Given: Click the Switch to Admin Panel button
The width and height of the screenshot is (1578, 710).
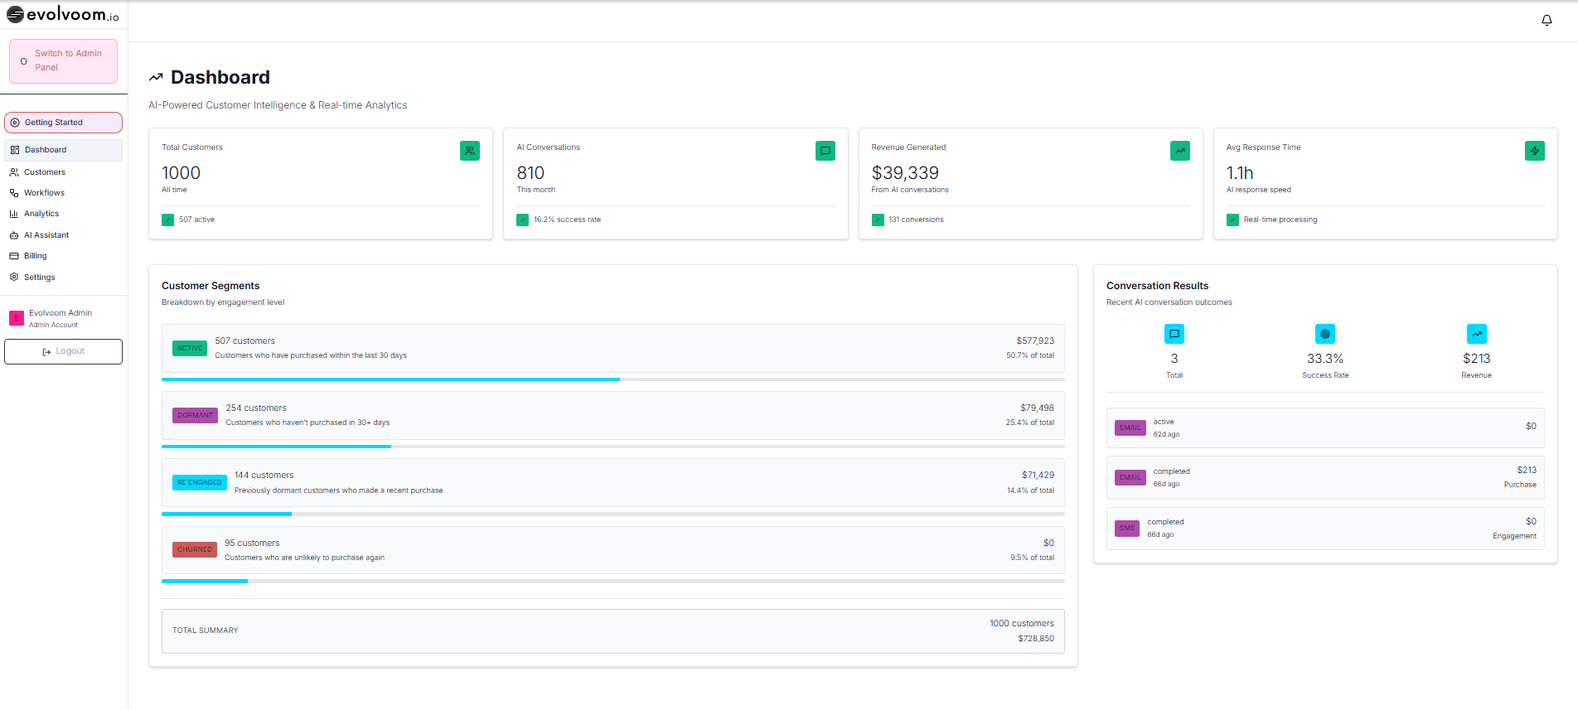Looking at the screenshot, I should tap(63, 60).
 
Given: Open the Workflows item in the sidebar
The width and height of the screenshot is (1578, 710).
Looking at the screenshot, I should tap(44, 193).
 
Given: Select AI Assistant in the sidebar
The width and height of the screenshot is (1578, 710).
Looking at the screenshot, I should tap(46, 235).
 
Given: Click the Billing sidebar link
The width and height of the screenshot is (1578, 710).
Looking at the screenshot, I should tap(35, 256).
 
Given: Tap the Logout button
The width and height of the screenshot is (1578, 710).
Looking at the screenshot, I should tap(63, 351).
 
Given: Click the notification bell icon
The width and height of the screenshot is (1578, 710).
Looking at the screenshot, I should tap(1547, 20).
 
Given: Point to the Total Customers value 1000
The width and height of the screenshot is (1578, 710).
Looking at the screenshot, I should tap(181, 173).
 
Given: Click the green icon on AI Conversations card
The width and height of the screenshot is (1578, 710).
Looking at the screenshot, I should tap(825, 151).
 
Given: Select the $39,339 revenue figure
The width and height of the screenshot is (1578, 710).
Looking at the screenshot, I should tap(905, 173).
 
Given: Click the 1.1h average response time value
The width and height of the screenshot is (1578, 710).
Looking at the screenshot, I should tap(1240, 173).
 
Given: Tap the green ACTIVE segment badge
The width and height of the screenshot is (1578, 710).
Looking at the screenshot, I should tap(190, 348).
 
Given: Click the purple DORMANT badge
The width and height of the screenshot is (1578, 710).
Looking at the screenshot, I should tap(195, 415).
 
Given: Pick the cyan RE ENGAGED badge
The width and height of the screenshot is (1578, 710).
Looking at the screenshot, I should tap(199, 482).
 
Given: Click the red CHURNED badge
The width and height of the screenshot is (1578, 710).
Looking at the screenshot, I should tap(195, 549).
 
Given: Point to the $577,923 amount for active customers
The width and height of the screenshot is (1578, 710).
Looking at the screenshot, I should tap(1035, 341).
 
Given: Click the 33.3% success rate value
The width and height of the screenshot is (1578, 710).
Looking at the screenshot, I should tap(1324, 359).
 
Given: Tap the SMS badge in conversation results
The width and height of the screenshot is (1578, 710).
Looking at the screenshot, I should tap(1127, 528).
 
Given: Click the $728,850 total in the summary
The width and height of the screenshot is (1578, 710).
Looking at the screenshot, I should tap(1036, 639).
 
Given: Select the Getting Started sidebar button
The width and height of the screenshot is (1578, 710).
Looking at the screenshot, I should tap(63, 123).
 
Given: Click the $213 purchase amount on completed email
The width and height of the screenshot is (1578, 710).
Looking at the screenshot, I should tap(1526, 470).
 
